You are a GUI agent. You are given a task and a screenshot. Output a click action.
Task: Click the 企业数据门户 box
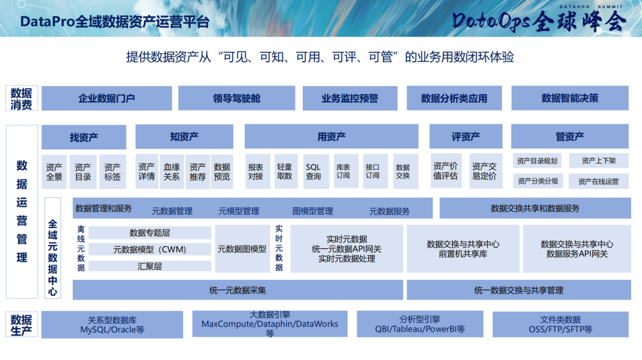pyautogui.click(x=106, y=98)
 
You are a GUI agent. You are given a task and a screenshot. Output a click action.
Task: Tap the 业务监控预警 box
pyautogui.click(x=350, y=98)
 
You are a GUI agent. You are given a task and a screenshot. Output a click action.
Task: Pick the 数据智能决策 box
pyautogui.click(x=569, y=98)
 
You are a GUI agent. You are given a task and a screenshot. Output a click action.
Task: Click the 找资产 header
pyautogui.click(x=83, y=137)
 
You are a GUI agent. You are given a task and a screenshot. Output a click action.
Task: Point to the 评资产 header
pyautogui.click(x=466, y=137)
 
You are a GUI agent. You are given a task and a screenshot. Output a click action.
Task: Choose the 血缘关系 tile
pyautogui.click(x=172, y=172)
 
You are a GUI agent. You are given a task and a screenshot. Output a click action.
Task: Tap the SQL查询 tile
pyautogui.click(x=314, y=172)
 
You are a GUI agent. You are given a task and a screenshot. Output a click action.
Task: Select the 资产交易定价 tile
pyautogui.click(x=484, y=172)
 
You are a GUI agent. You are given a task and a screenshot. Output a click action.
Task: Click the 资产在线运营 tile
pyautogui.click(x=598, y=181)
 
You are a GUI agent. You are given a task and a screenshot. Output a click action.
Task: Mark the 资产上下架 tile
pyautogui.click(x=598, y=161)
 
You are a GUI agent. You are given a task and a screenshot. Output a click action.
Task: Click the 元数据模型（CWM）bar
pyautogui.click(x=149, y=250)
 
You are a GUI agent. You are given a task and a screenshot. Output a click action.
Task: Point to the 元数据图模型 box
pyautogui.click(x=242, y=249)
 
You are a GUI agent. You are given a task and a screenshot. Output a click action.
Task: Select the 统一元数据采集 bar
pyautogui.click(x=238, y=291)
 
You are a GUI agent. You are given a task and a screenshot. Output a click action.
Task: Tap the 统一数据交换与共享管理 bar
pyautogui.click(x=518, y=291)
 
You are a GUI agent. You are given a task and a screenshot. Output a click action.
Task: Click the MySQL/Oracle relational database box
pyautogui.click(x=112, y=325)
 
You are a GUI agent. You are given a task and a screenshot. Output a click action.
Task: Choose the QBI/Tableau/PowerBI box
pyautogui.click(x=419, y=325)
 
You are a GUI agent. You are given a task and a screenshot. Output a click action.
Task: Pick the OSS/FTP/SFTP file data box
pyautogui.click(x=560, y=325)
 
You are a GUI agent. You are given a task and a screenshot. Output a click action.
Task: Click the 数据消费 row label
pyautogui.click(x=21, y=99)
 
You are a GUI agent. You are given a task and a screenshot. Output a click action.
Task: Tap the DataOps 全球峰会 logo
pyautogui.click(x=539, y=20)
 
